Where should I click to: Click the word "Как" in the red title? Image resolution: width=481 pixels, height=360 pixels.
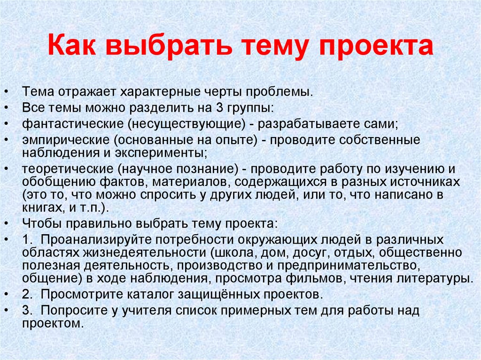(72, 46)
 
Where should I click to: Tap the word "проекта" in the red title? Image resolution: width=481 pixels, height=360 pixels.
(376, 46)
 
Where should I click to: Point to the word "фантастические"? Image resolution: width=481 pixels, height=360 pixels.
(73, 124)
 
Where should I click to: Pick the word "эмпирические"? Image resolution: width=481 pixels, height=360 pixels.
(66, 140)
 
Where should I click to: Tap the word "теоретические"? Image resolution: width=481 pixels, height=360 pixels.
(68, 169)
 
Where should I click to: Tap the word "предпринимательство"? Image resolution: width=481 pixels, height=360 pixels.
(348, 266)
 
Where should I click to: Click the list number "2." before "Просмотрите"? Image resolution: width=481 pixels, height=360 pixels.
(27, 294)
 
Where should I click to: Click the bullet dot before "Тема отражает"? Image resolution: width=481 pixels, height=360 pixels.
(7, 92)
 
